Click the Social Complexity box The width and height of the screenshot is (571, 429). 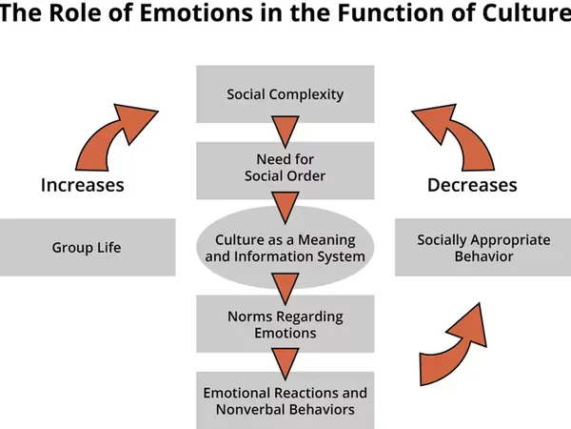pos(285,94)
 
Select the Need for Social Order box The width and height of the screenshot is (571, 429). pos(285,168)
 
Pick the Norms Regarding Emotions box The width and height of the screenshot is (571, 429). pos(285,325)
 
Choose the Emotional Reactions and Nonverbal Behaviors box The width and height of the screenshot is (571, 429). pos(285,401)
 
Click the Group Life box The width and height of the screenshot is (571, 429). pos(87,248)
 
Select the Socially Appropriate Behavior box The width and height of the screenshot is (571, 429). pos(483,248)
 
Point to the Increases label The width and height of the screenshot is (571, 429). pos(82,185)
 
